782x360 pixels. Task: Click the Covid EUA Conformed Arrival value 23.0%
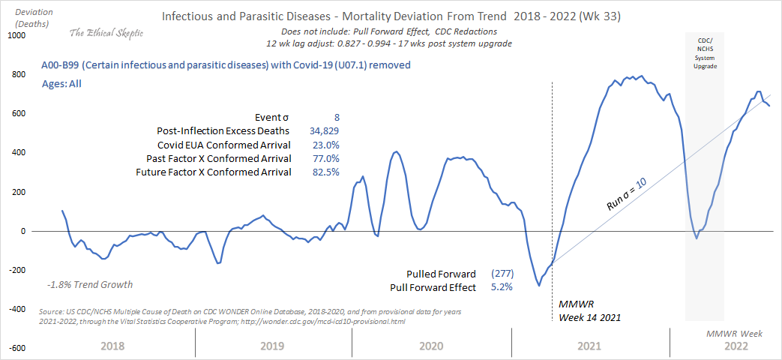[325, 145]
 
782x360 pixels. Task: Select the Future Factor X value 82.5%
[325, 172]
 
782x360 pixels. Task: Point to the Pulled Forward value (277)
[502, 274]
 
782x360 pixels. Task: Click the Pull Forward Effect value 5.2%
[501, 287]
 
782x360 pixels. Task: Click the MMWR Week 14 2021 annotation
[589, 310]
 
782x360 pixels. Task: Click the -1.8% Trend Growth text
[90, 284]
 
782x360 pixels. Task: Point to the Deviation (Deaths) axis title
[28, 16]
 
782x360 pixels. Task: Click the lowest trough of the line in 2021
[538, 285]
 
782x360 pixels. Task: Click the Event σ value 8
[337, 118]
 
